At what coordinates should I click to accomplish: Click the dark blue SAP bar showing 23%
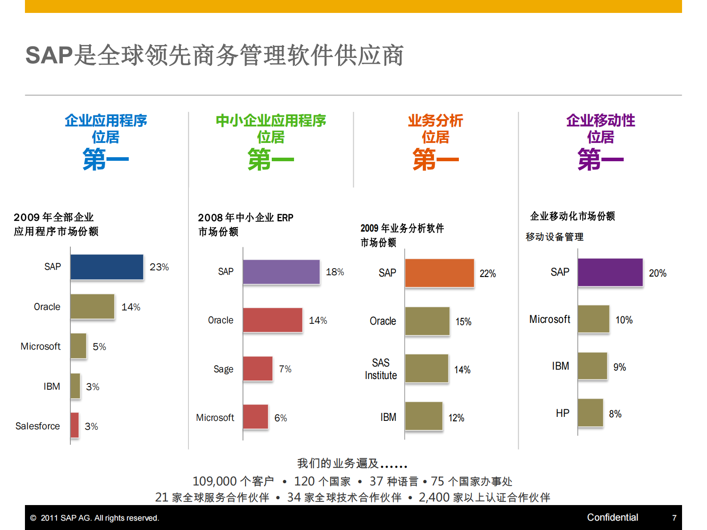pos(107,267)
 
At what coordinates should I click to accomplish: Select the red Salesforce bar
pos(74,425)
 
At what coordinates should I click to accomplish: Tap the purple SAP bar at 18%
pos(281,272)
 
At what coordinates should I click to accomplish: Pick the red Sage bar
pos(257,369)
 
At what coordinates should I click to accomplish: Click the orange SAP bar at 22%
pos(439,273)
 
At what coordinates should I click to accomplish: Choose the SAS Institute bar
pos(426,368)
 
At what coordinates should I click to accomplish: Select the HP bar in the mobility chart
pos(590,413)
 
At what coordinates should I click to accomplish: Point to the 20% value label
pos(658,273)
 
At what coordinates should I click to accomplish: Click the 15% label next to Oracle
pos(463,322)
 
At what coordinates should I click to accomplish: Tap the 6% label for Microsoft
pos(281,418)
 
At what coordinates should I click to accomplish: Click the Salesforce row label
pos(37,426)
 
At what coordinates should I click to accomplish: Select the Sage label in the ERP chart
pos(223,369)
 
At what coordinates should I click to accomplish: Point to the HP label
pos(562,413)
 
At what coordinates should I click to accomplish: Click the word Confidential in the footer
pos(612,518)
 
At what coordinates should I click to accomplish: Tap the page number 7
pos(674,518)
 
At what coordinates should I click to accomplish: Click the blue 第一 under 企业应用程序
pos(106,160)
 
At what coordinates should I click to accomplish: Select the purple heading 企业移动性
pos(601,120)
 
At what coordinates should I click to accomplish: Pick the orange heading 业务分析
pos(435,120)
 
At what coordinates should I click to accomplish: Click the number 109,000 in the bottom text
pos(214,481)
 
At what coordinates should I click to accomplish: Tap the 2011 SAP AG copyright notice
pos(95,518)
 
